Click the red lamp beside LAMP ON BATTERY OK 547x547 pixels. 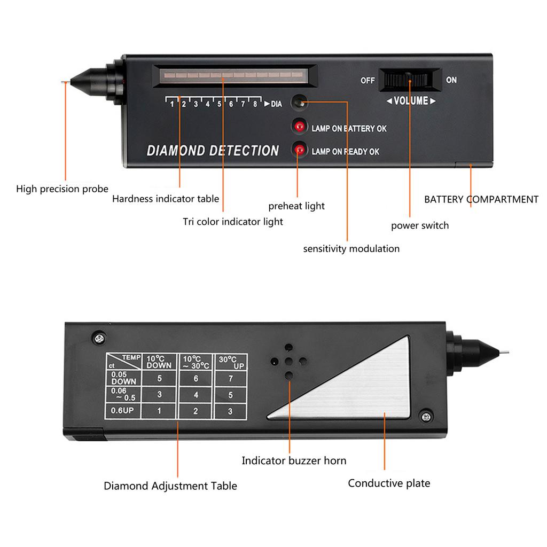300,127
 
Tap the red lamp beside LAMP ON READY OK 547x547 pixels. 300,150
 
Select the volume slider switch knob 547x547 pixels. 409,80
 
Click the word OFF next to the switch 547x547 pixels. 368,81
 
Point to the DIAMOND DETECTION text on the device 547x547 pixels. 213,151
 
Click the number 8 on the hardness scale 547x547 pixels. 255,104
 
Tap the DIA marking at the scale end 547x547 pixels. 276,104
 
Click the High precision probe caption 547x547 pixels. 62,189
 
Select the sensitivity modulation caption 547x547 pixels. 351,248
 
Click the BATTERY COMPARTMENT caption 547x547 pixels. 481,200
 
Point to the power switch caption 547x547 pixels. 420,225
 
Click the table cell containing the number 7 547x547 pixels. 230,379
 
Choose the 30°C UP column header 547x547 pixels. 230,361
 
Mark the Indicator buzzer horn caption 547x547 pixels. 294,460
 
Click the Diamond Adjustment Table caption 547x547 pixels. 170,486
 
